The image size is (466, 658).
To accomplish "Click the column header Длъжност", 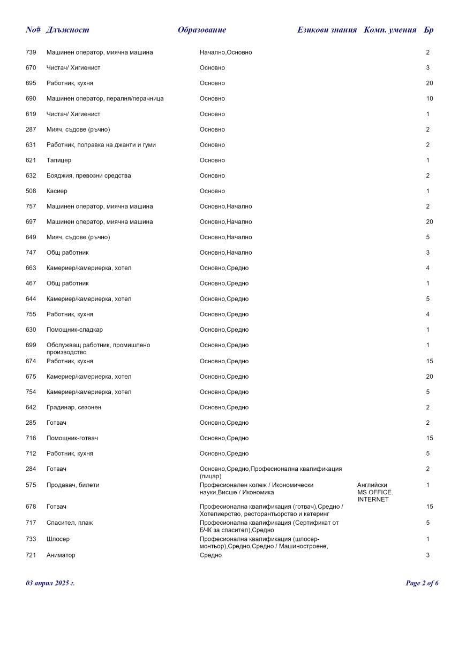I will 67,30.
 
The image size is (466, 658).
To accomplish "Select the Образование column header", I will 202,30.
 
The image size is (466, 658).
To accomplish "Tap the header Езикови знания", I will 327,30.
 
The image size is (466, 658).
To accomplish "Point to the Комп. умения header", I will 390,30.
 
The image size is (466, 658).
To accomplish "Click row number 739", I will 31,52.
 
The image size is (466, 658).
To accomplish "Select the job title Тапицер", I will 59,160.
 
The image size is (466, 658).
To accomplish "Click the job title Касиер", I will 57,191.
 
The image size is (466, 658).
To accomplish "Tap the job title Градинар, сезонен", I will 74,407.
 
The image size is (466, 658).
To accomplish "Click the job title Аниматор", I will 61,555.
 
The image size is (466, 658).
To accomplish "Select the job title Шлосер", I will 58,539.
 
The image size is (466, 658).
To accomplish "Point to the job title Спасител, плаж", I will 70,523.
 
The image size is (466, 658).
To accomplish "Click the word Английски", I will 372,485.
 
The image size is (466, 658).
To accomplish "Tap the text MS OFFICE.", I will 375,492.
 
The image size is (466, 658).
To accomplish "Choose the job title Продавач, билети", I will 73,485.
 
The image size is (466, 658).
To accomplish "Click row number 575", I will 31,485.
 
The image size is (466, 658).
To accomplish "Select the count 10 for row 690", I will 429,99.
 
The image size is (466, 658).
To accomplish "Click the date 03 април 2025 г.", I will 50,583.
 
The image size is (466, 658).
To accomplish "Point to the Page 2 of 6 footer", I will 422,583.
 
